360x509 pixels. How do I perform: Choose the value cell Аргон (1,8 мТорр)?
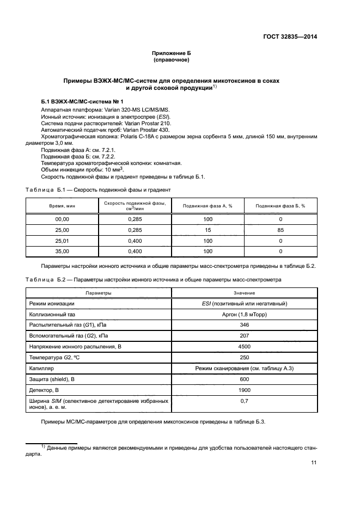coord(245,314)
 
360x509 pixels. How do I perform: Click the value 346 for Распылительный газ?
coord(245,324)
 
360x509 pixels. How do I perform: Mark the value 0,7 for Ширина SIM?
coord(245,401)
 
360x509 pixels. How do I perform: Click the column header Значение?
coord(245,293)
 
